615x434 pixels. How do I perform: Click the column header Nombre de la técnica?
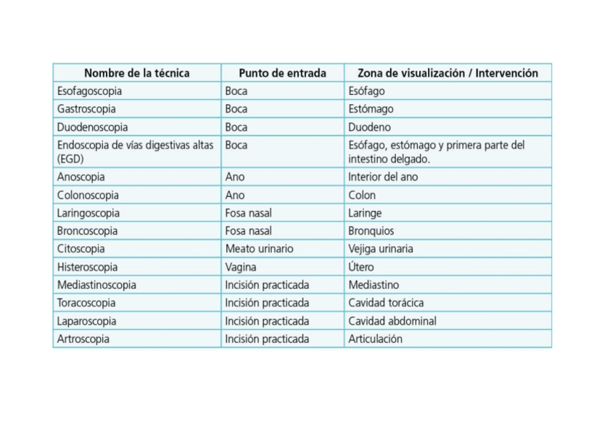click(136, 73)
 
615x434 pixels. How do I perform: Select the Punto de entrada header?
click(282, 73)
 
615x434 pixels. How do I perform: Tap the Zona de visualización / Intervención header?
click(447, 73)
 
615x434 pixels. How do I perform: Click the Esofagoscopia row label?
click(89, 91)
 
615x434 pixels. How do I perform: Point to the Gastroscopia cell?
click(86, 109)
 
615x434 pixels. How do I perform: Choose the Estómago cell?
click(371, 109)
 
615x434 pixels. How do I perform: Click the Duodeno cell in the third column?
click(369, 128)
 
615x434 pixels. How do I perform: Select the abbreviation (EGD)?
click(71, 158)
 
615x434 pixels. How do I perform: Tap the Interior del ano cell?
click(383, 177)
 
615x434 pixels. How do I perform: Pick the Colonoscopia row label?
click(88, 195)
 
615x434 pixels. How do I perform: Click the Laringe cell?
click(365, 213)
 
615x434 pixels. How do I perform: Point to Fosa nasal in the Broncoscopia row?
click(248, 231)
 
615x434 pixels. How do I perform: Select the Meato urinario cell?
click(259, 249)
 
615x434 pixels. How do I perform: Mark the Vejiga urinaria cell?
click(381, 249)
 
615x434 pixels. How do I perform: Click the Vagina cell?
click(241, 267)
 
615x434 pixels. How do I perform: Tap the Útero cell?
click(361, 267)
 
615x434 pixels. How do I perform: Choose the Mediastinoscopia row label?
click(96, 285)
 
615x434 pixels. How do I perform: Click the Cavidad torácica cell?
click(386, 303)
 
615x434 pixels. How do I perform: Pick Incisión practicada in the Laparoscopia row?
click(267, 321)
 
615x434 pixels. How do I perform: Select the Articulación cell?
click(375, 339)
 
